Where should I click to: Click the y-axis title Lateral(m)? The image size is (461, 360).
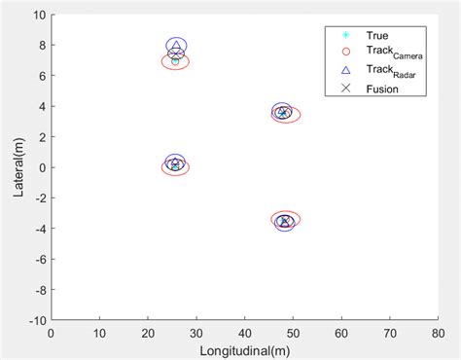pos(18,166)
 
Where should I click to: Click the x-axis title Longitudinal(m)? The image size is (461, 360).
pos(243,349)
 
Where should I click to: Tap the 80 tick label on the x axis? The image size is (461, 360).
pos(437,333)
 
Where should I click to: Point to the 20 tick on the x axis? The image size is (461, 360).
pos(148,333)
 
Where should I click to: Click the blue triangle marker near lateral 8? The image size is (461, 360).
pos(175,46)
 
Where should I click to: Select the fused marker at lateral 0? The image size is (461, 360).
pos(175,165)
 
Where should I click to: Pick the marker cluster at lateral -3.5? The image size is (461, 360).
pos(284,221)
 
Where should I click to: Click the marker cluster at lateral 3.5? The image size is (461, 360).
pos(283,113)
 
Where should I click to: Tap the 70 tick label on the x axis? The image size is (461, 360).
pos(388,333)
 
